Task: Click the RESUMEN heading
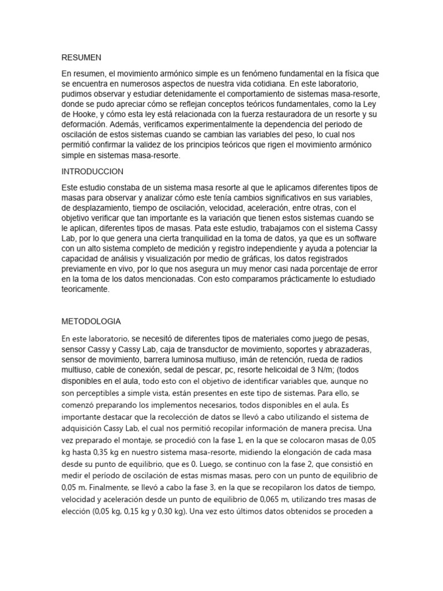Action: pos(81,58)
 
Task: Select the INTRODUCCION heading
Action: pos(92,171)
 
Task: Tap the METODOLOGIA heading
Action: pos(91,321)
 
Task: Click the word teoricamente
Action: pos(85,289)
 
